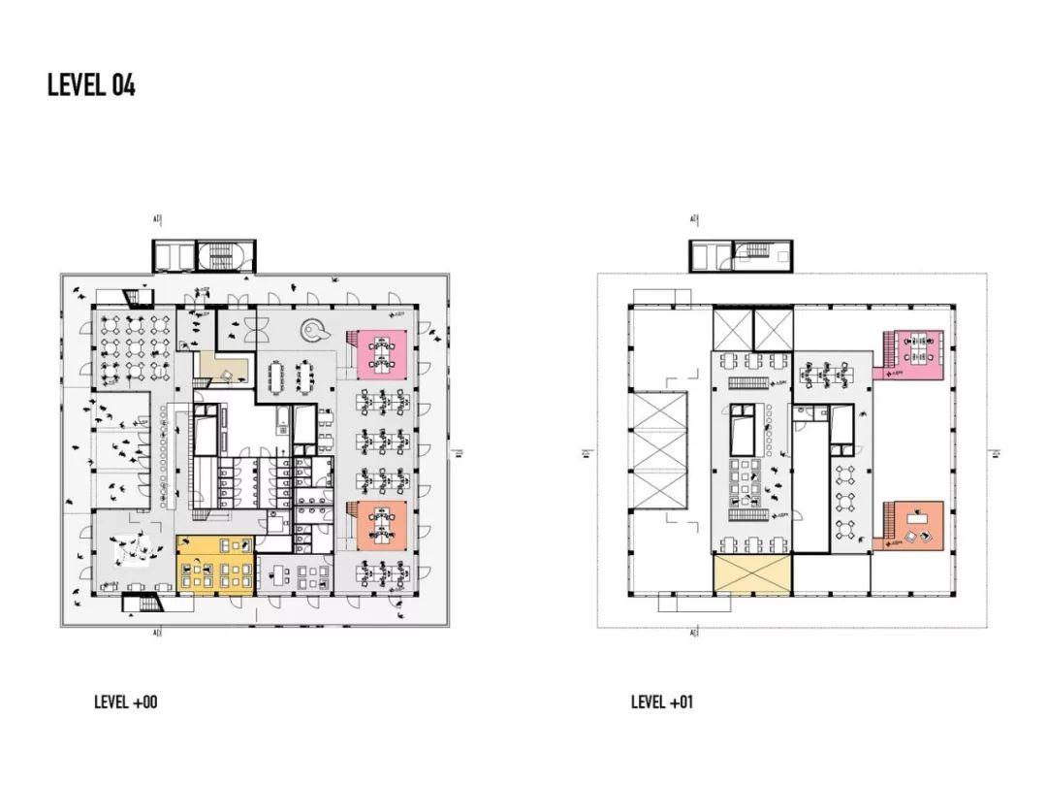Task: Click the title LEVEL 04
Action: pos(91,85)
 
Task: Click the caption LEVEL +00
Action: pos(125,702)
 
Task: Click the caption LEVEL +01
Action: pos(662,702)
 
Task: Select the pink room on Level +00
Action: pos(380,353)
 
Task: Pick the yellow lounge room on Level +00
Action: pos(216,564)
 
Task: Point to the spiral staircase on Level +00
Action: pos(314,332)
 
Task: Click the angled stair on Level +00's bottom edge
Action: pos(142,605)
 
